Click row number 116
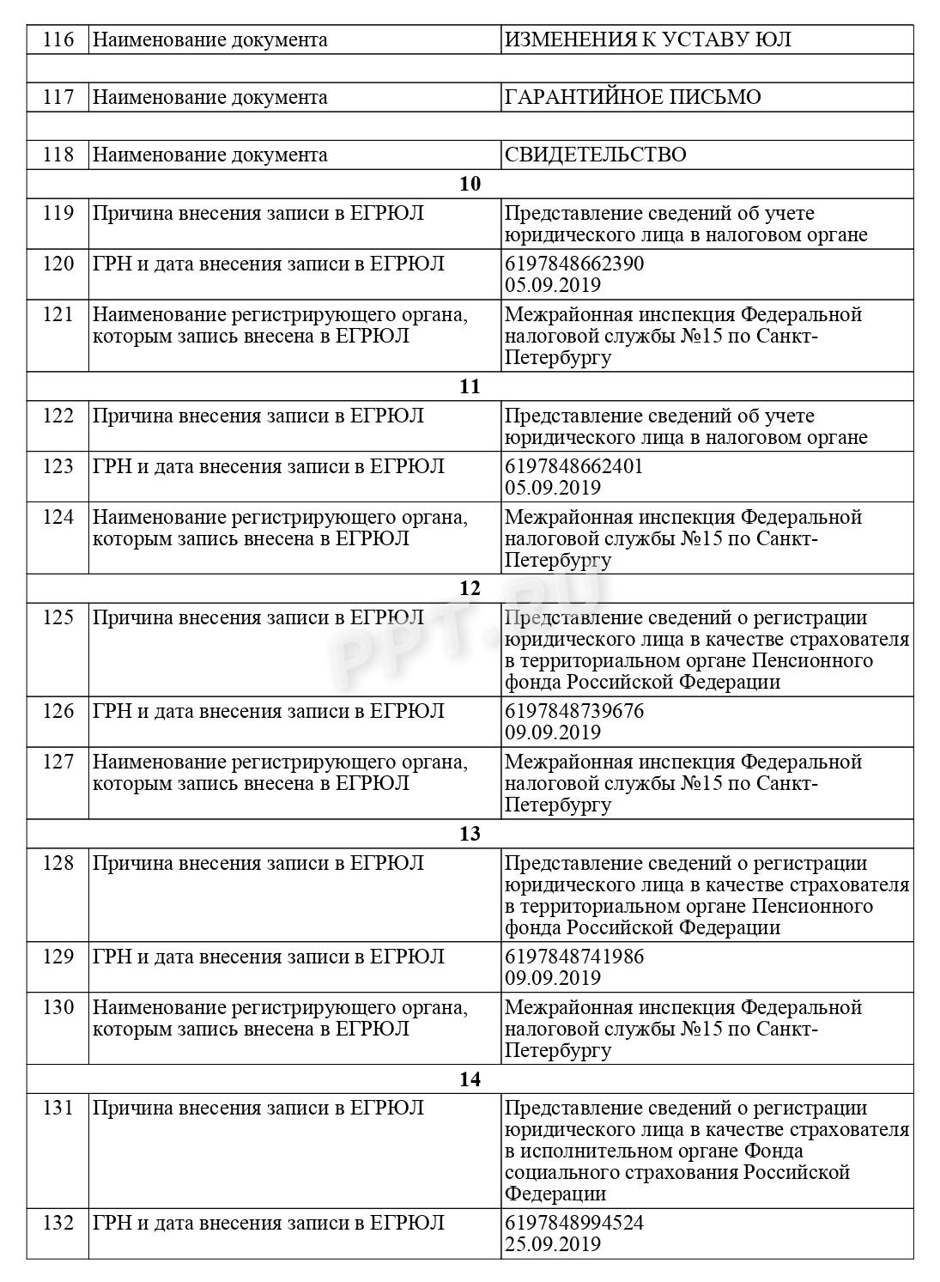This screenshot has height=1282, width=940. (58, 39)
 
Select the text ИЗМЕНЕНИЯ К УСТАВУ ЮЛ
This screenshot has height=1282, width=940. (647, 39)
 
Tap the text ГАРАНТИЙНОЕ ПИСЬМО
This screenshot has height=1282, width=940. (633, 97)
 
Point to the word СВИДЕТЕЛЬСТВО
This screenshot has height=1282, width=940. (595, 155)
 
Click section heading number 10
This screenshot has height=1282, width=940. (470, 184)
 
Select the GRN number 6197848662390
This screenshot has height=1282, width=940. (573, 264)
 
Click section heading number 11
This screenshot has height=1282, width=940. (470, 386)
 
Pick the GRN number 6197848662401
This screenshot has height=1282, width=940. (573, 466)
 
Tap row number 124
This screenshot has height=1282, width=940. (58, 518)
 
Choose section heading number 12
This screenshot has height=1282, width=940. (470, 589)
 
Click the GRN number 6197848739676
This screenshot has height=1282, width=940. (573, 711)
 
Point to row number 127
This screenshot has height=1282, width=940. (58, 763)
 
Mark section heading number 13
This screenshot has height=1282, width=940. (470, 834)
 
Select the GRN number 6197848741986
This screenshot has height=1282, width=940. (573, 957)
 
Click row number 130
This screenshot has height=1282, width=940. (58, 1007)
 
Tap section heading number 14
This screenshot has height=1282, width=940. (470, 1079)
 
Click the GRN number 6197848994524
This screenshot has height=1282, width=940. (573, 1223)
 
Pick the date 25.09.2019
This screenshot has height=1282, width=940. (552, 1244)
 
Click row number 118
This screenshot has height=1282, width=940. (58, 155)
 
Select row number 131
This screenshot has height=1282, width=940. (58, 1109)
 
